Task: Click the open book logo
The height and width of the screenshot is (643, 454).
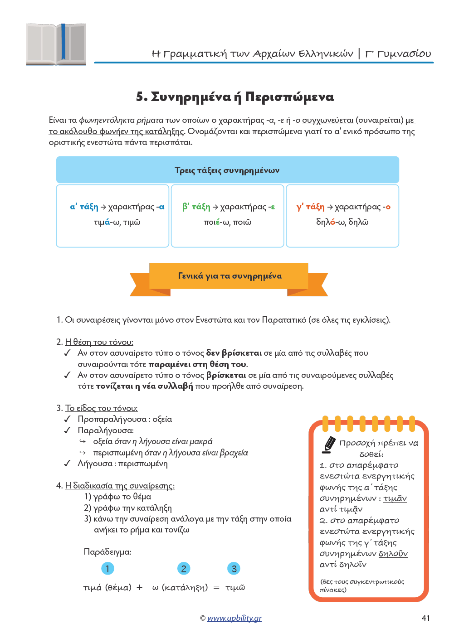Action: tap(56, 44)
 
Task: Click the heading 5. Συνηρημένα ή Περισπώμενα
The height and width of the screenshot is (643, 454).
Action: tap(235, 97)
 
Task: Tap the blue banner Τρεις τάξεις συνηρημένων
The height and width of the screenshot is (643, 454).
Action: tap(227, 170)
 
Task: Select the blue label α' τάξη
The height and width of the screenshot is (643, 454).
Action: tap(84, 207)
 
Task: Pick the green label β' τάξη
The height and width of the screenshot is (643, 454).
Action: tap(196, 207)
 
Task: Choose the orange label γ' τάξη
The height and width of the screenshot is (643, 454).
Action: tap(310, 207)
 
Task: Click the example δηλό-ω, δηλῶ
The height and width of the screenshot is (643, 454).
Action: tap(342, 222)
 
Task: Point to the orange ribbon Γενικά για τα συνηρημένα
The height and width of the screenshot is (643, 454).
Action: tap(229, 276)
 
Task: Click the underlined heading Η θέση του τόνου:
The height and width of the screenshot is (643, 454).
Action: tap(99, 342)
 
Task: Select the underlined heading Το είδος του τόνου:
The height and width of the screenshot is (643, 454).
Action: tap(101, 408)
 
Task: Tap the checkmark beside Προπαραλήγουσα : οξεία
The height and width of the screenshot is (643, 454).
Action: tap(67, 419)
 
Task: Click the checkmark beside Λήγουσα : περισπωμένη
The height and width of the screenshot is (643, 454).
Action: tap(67, 464)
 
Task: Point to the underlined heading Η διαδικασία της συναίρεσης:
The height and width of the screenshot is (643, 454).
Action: tap(120, 486)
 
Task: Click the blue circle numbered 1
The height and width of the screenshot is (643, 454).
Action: tap(107, 569)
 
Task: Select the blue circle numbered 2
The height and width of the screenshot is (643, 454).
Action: tap(184, 569)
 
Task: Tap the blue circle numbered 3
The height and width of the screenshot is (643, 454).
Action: tap(234, 569)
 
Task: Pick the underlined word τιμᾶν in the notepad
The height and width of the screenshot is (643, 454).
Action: tap(395, 498)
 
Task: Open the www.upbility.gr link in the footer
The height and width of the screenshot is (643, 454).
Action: tap(234, 618)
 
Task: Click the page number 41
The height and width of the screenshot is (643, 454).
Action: tap(425, 618)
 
